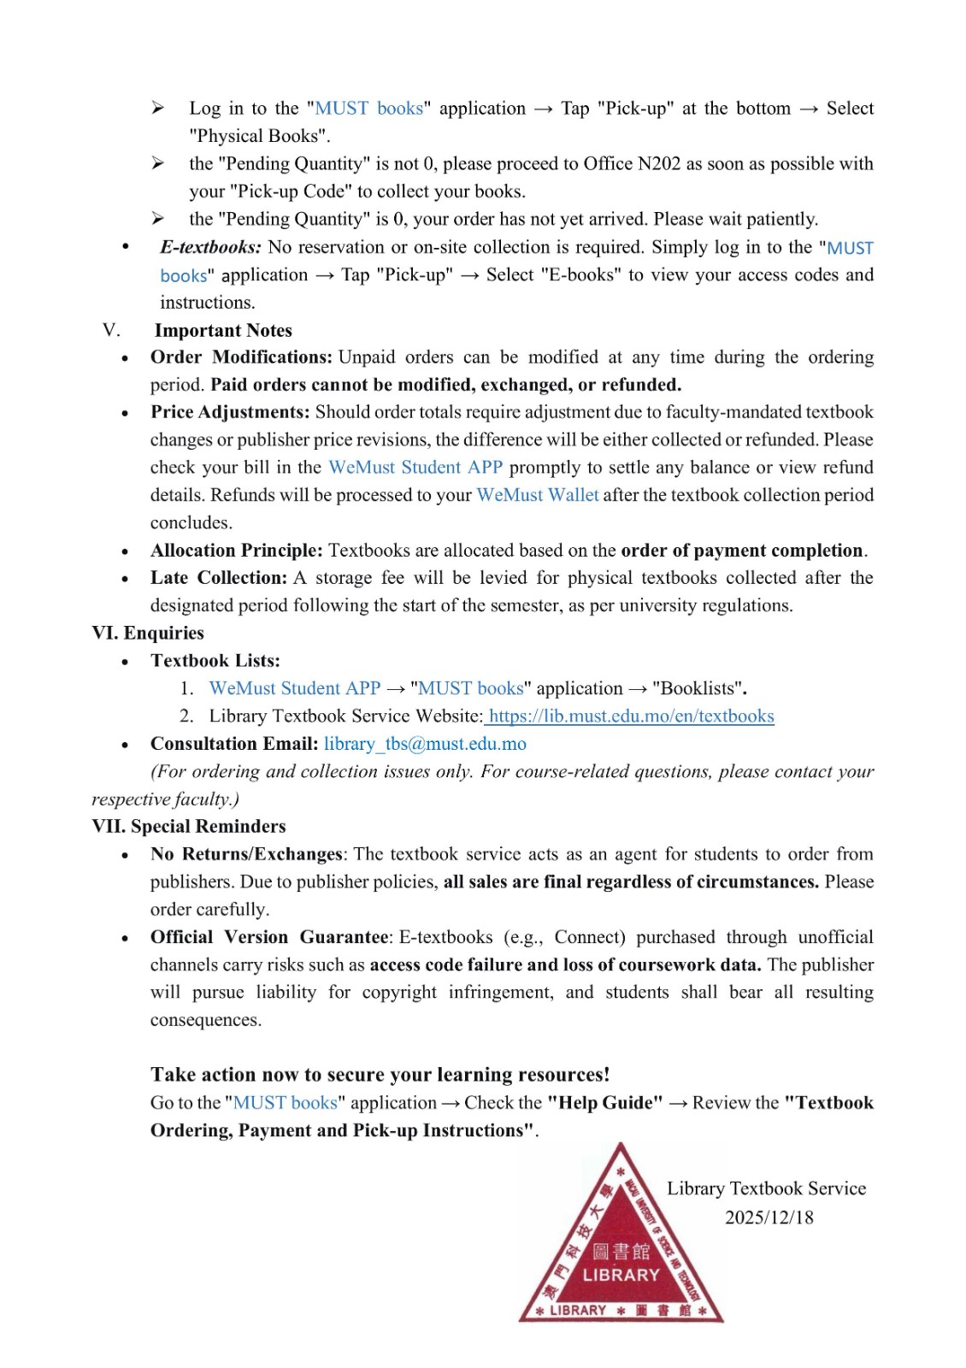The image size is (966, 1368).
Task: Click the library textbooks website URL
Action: click(631, 716)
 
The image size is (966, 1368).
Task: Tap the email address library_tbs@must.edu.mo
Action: click(425, 744)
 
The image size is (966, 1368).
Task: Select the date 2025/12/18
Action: click(769, 1218)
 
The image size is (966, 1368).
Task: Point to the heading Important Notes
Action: click(223, 331)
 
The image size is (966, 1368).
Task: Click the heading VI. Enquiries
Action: click(148, 634)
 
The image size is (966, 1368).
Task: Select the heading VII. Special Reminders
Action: click(189, 827)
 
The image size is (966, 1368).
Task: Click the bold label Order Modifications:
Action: click(241, 357)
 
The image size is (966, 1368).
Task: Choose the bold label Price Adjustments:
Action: click(230, 412)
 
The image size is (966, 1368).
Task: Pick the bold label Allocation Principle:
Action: click(237, 551)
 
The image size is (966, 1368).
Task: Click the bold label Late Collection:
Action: click(219, 578)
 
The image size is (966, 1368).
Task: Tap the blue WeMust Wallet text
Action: click(538, 495)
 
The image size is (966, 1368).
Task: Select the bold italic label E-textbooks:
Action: click(210, 247)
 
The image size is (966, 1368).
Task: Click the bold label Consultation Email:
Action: click(234, 744)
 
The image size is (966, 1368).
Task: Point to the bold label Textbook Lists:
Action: click(215, 661)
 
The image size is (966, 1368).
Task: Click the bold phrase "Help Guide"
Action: click(605, 1103)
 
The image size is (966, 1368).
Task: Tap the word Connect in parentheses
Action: click(590, 937)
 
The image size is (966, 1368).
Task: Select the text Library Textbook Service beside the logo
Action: click(766, 1188)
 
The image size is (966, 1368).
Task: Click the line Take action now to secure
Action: click(380, 1075)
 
